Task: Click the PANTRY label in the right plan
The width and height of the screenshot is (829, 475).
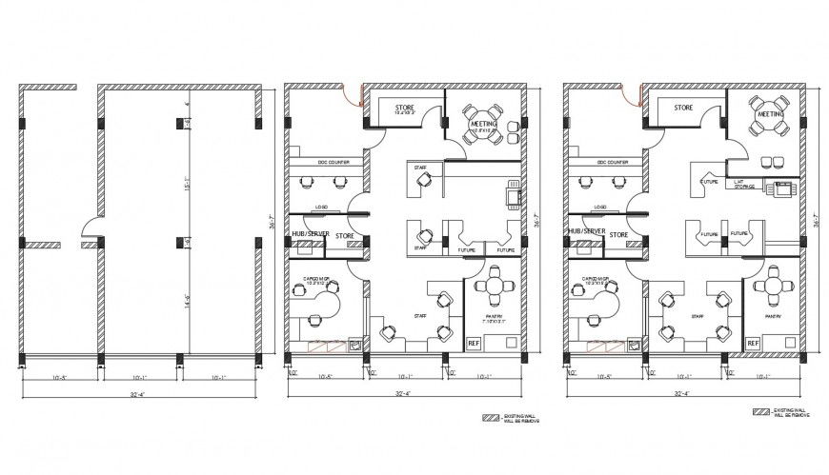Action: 772,316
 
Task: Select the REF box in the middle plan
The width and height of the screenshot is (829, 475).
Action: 474,343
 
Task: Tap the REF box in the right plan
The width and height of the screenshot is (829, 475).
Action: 752,343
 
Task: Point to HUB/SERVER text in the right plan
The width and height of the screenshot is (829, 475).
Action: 586,231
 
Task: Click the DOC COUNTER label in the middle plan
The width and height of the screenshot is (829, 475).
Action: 326,162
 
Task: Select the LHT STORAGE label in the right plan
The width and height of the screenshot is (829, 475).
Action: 745,187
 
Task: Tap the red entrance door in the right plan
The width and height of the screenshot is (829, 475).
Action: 630,94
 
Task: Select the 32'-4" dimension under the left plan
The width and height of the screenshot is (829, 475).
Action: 139,393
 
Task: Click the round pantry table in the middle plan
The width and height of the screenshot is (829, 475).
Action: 494,286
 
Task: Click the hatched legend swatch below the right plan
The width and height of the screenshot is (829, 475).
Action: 759,412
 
